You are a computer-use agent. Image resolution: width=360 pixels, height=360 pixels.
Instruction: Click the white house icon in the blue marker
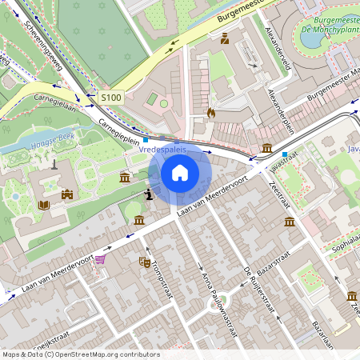pos(180,173)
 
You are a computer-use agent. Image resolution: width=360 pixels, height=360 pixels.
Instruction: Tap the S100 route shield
pos(111,98)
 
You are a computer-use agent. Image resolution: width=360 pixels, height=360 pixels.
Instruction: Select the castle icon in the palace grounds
pos(67,194)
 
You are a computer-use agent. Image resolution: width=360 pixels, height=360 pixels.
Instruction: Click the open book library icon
pos(43,205)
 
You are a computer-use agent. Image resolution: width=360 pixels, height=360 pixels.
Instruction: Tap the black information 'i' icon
pos(148,194)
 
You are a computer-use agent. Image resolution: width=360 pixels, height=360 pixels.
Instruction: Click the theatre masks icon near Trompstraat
pos(145,261)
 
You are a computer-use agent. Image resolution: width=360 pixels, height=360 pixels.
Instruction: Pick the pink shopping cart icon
pos(100,259)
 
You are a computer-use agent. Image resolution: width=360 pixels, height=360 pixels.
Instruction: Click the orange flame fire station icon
pos(211,114)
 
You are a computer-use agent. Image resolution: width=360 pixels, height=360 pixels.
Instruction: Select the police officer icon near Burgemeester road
pos(225,38)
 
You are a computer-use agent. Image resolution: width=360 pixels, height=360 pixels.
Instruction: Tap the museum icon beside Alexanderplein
pos(266,148)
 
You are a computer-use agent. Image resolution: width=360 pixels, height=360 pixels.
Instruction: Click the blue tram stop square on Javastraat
pos(284,153)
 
